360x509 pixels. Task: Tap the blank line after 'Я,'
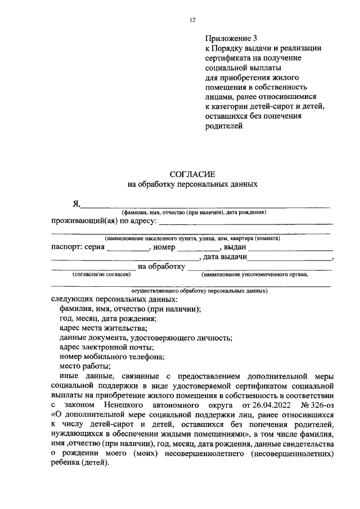(x=206, y=206)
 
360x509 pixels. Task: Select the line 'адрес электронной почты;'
(x=103, y=347)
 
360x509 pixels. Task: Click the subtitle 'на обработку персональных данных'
(x=192, y=184)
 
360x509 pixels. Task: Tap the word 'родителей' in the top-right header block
(x=223, y=127)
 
